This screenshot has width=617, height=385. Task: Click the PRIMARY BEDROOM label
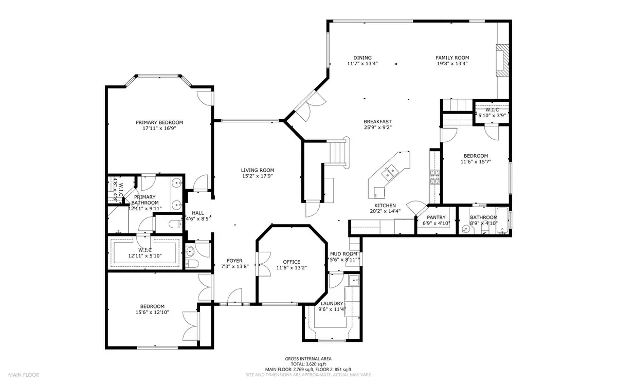tap(159, 122)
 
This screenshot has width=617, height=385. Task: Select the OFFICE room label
tap(292, 262)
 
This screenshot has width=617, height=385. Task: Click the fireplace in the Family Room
tap(502, 61)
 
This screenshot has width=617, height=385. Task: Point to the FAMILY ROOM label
tap(452, 58)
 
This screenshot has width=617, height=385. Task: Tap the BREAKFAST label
tap(378, 121)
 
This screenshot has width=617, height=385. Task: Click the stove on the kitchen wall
tap(435, 178)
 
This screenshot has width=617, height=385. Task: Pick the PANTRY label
tap(436, 217)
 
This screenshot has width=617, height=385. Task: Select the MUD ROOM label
tap(343, 253)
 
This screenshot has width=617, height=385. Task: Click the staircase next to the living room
tap(338, 152)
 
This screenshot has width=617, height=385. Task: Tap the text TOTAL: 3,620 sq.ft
tap(308, 364)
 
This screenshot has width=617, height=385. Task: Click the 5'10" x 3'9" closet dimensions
tap(492, 115)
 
